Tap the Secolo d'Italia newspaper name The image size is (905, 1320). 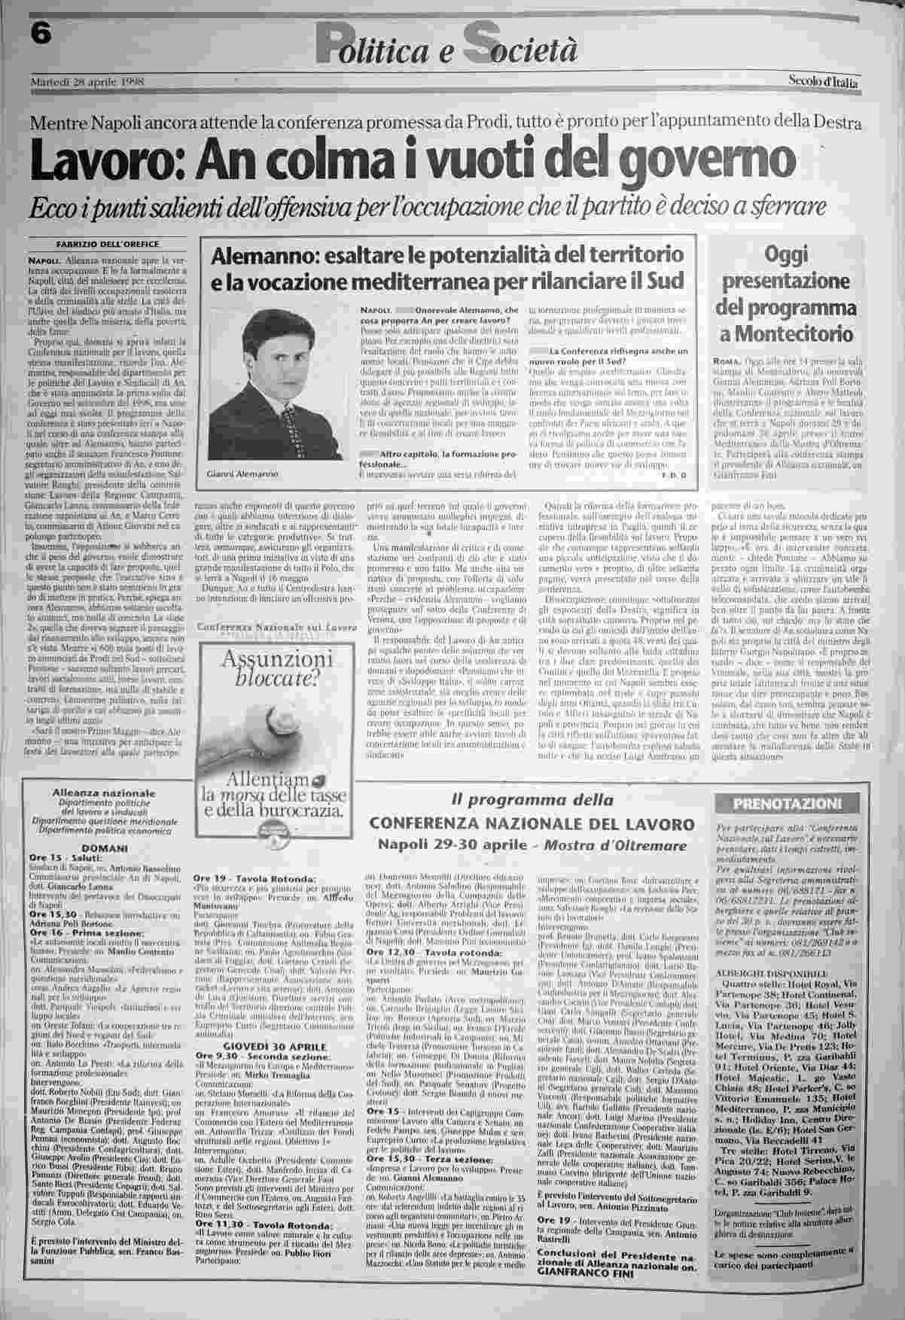[x=824, y=81]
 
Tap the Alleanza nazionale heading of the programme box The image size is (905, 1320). [x=104, y=793]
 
